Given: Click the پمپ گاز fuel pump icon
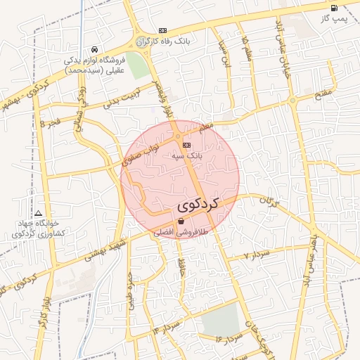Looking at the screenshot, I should (x=334, y=8).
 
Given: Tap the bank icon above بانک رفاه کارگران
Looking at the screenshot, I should (x=163, y=31).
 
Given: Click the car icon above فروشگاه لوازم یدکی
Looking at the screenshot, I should (x=94, y=50).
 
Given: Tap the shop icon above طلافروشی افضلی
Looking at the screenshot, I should (x=181, y=221).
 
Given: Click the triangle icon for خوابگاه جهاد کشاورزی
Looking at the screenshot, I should (x=38, y=213).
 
